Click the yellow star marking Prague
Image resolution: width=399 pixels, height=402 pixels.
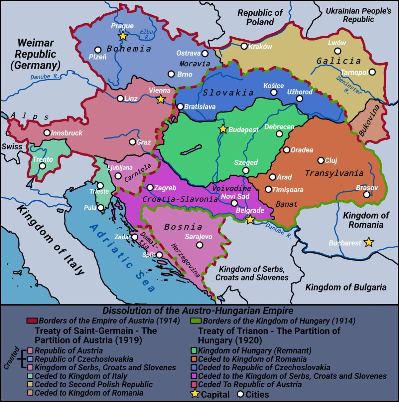[123, 36]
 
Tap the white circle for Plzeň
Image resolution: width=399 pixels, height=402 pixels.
[98, 50]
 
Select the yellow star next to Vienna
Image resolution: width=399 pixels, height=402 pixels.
[161, 99]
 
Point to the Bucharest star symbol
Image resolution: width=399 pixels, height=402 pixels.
[368, 242]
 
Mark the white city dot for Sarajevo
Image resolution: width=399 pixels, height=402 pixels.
[199, 245]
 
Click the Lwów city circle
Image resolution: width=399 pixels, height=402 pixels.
[337, 51]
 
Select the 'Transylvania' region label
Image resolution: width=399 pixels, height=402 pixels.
[334, 173]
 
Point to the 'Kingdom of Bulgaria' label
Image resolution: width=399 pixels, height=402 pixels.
[346, 287]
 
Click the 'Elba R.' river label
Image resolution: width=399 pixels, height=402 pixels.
[146, 34]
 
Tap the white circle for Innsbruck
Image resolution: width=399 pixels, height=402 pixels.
[47, 133]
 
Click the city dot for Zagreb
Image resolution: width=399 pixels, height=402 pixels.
[150, 188]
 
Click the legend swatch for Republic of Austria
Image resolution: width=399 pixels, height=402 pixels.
[31, 350]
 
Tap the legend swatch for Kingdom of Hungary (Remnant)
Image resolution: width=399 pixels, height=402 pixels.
[194, 350]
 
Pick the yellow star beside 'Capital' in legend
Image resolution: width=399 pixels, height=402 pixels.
[195, 394]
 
